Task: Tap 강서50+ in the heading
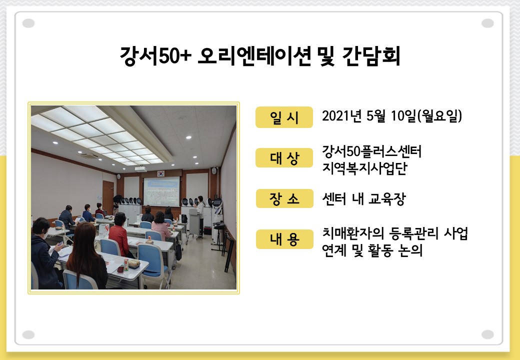(155, 55)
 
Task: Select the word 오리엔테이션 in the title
(254, 55)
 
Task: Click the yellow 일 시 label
(284, 117)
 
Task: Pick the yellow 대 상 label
(284, 158)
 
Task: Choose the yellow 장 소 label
(284, 198)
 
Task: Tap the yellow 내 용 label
(284, 239)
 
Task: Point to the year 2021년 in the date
(341, 116)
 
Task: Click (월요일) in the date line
(439, 116)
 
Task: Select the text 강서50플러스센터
(371, 151)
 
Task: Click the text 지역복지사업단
(364, 168)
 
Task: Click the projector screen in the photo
(161, 191)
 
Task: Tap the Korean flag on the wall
(161, 173)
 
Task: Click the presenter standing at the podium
(200, 215)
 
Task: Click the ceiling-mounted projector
(140, 169)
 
